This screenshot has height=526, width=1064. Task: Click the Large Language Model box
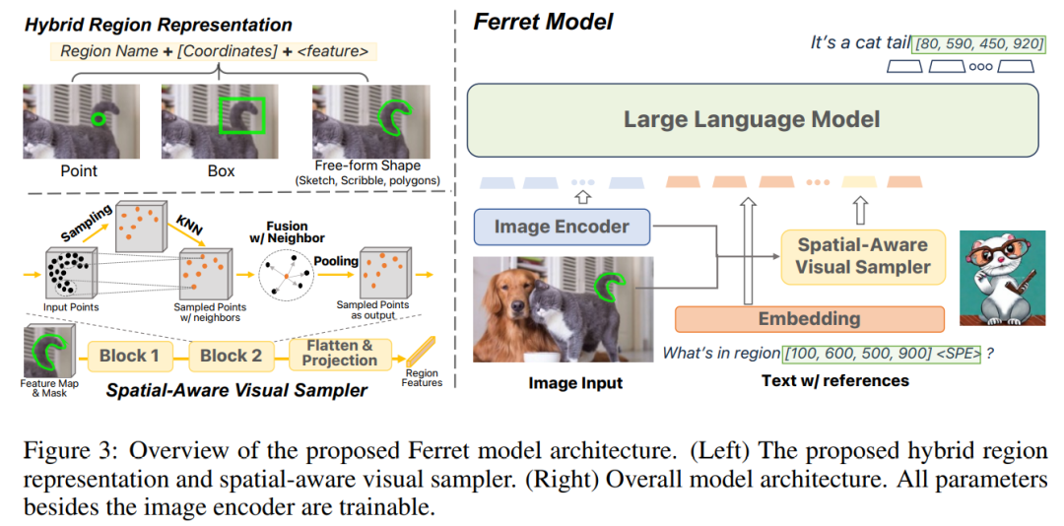[752, 120]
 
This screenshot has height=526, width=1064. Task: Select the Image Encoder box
[562, 227]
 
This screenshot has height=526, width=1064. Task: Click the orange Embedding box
[809, 318]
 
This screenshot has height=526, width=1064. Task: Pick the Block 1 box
[129, 356]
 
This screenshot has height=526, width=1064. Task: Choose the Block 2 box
[232, 356]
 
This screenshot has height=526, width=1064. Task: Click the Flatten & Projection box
[340, 354]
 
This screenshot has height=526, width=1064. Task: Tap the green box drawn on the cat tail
[241, 113]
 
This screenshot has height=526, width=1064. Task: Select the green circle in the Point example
[97, 119]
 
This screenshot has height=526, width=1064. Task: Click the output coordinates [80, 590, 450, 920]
[978, 43]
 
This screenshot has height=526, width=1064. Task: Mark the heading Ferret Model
[543, 21]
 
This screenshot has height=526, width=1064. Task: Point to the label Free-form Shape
[367, 164]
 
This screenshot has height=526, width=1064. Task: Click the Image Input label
[575, 382]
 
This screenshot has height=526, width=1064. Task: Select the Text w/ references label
[834, 380]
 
